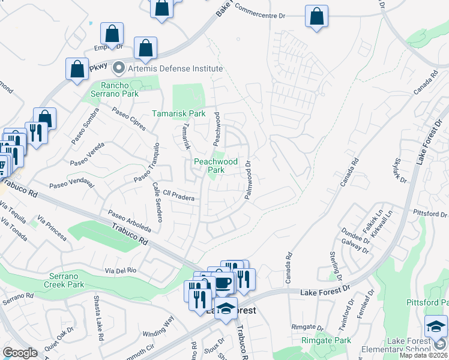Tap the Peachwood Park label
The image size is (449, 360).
215,166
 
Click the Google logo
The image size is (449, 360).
20,353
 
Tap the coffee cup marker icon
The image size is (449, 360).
223,281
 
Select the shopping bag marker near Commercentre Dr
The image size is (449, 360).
316,16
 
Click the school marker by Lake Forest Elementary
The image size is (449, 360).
436,326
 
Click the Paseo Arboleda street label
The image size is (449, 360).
129,221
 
